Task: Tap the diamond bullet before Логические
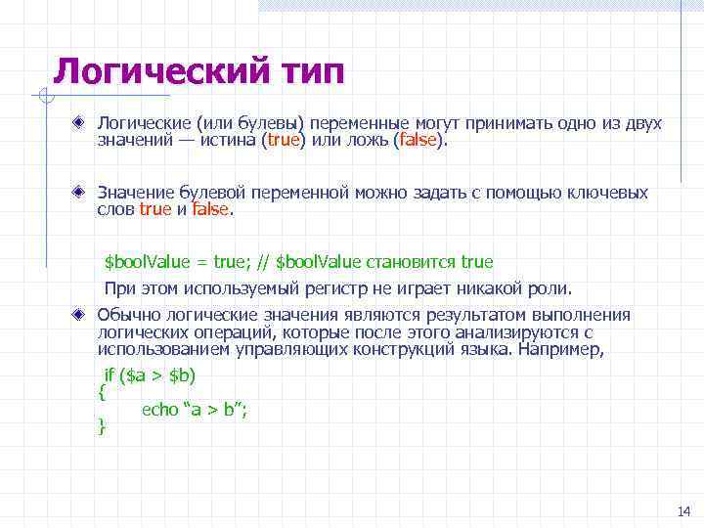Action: tap(84, 124)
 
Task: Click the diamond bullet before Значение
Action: tap(84, 193)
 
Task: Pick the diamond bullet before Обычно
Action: tap(84, 315)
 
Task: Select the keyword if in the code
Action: tap(110, 375)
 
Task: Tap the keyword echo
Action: tap(160, 410)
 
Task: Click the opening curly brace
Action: tap(102, 393)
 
